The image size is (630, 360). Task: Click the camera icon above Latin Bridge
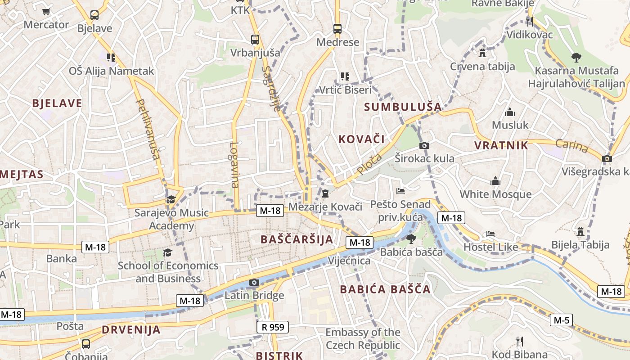coord(254,282)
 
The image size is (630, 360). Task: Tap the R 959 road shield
coord(273,327)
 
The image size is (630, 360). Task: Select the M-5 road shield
coord(562,320)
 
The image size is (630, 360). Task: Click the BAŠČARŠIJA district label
coord(297,239)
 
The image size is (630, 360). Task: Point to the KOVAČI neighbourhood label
coord(361,139)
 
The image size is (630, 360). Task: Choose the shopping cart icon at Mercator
coord(46,11)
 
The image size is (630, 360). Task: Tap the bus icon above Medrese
coord(337,29)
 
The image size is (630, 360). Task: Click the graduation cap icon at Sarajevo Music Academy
coord(171,199)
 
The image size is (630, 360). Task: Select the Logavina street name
coord(234,165)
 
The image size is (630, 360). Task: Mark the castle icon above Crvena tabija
coord(482,53)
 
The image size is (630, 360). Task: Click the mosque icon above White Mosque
coord(495,181)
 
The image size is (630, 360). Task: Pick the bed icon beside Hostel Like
coord(490,234)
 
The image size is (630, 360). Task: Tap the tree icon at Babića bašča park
coord(411,238)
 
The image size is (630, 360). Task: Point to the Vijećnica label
coord(349,261)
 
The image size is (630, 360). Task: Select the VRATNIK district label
coord(501,145)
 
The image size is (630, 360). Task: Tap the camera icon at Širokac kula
coord(424,145)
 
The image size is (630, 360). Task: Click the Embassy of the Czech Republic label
coord(363,339)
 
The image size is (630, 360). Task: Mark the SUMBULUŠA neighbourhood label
coord(403,107)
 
